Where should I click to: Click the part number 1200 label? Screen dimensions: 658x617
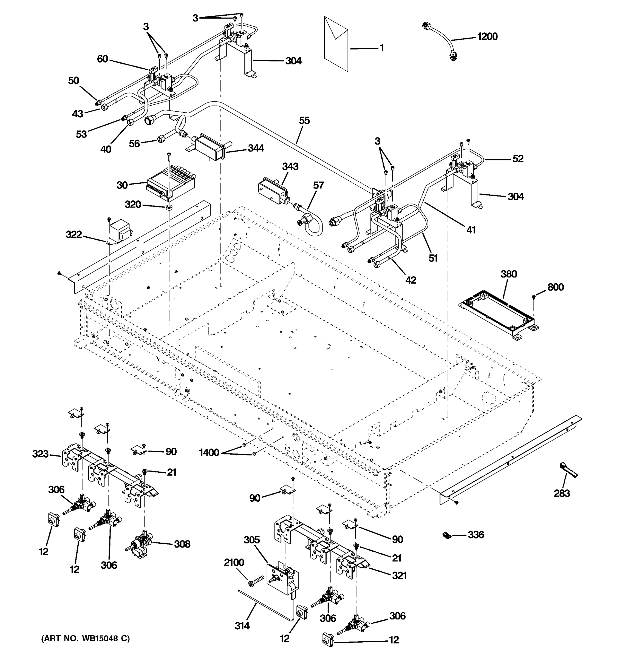(x=487, y=36)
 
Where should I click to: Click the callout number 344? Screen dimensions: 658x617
(x=256, y=148)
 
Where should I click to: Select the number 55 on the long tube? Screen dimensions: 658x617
(x=304, y=120)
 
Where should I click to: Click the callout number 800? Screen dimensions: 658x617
(x=555, y=287)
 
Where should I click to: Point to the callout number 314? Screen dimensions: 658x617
(x=242, y=625)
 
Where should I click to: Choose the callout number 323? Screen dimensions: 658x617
(x=40, y=454)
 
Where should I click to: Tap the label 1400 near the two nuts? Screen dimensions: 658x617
(x=209, y=452)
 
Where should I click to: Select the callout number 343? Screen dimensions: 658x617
(x=290, y=166)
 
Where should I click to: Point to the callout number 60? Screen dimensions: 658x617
(x=102, y=59)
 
